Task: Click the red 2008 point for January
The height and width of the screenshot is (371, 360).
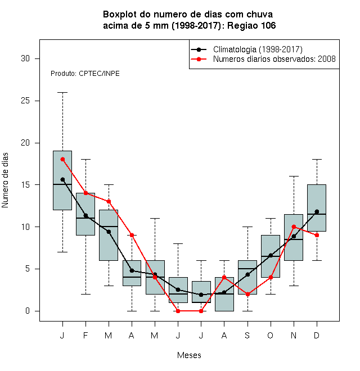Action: (62, 160)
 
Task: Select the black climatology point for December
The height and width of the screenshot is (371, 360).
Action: (317, 211)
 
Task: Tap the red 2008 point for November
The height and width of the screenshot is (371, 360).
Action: (294, 227)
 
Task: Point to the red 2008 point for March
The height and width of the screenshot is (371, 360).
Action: (109, 202)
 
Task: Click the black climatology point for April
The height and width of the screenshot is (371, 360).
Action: (132, 270)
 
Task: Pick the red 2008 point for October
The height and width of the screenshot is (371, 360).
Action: (271, 277)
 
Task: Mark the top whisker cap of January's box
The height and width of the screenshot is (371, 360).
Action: (62, 93)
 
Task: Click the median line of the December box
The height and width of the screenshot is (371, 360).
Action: (317, 214)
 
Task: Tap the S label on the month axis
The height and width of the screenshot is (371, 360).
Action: (247, 335)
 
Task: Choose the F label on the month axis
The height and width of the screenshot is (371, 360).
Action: (85, 335)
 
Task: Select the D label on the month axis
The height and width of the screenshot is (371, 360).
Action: (317, 335)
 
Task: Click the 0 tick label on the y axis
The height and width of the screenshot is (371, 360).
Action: (28, 311)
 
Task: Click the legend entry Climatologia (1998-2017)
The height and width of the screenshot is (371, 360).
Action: (258, 49)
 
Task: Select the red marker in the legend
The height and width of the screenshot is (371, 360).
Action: (199, 59)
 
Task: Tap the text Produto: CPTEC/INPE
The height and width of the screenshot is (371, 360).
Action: (85, 74)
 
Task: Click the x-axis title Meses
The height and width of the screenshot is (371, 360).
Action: (189, 355)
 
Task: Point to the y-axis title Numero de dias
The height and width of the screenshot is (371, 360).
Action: (5, 180)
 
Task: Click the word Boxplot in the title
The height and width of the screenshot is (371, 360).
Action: (120, 15)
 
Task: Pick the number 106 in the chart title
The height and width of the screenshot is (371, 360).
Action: (268, 25)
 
